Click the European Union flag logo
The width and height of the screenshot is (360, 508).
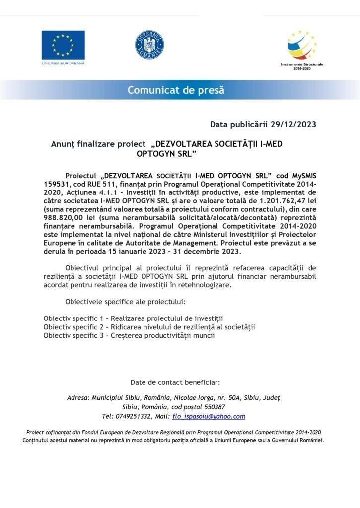(x=63, y=45)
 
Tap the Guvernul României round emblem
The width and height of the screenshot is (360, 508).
(x=149, y=45)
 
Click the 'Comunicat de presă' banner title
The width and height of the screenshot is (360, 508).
(x=176, y=90)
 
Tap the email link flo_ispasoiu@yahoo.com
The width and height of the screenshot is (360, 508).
(x=209, y=416)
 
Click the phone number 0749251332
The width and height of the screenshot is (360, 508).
(x=137, y=416)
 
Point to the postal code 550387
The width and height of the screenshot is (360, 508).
(x=211, y=407)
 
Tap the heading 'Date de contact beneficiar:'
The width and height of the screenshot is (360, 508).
(x=175, y=382)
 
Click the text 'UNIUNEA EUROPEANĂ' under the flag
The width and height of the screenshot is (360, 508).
(x=63, y=63)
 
